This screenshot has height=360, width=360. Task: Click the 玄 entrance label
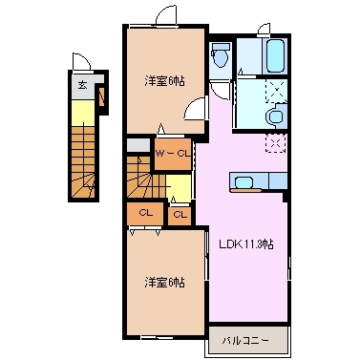(82, 85)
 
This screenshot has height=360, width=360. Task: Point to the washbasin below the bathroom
(275, 116)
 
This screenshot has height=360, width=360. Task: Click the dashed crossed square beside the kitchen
(277, 144)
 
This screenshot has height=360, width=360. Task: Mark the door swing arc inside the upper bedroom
(197, 107)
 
